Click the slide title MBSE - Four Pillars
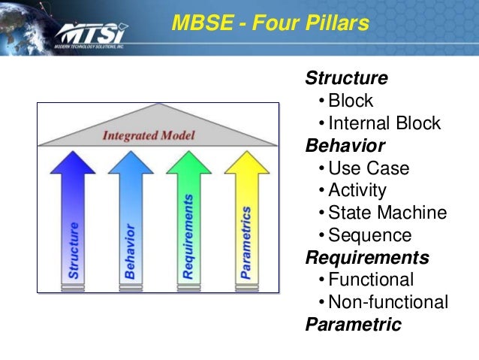(270, 24)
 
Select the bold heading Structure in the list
(346, 78)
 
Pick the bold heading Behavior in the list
(345, 145)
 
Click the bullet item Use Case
(369, 168)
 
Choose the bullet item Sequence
(370, 235)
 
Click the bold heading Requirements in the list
(367, 258)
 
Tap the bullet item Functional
(371, 280)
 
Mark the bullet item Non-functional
(388, 302)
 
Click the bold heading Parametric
(353, 325)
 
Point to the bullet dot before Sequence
(321, 236)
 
